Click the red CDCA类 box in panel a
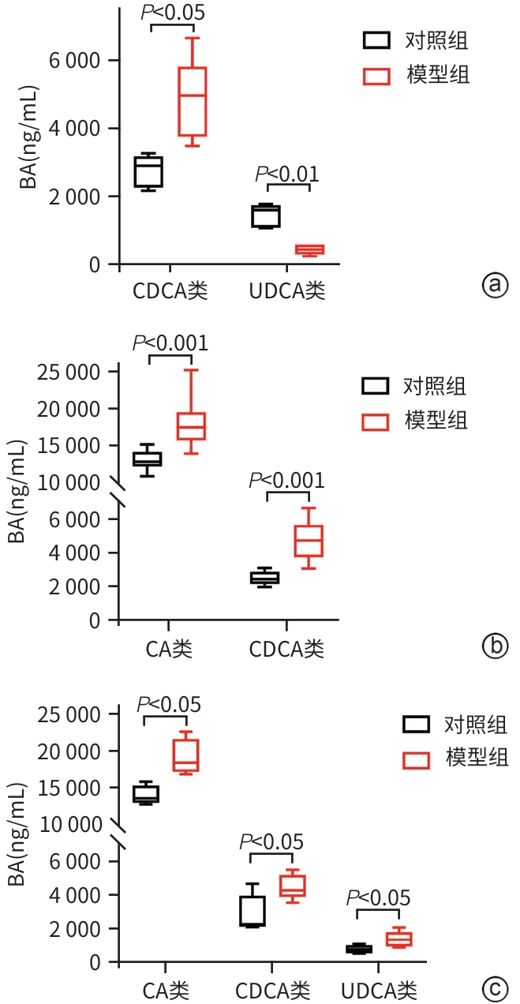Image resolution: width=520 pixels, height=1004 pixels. [192, 101]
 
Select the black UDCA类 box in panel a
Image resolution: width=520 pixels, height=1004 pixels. [267, 215]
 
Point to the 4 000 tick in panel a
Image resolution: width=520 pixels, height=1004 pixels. [76, 128]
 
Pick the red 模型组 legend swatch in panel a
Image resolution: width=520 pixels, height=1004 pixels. [376, 76]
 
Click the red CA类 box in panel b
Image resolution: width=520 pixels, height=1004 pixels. [192, 426]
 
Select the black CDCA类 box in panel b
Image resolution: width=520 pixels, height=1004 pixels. [265, 578]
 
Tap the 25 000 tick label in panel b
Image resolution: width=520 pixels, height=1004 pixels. [71, 372]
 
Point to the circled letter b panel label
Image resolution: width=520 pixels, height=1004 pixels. [493, 647]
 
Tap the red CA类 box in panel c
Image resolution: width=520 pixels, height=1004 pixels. [186, 755]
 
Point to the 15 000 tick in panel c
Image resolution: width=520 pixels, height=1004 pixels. [71, 787]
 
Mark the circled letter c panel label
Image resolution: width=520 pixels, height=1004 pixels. [495, 987]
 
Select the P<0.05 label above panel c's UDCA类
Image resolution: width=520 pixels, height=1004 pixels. [379, 898]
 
